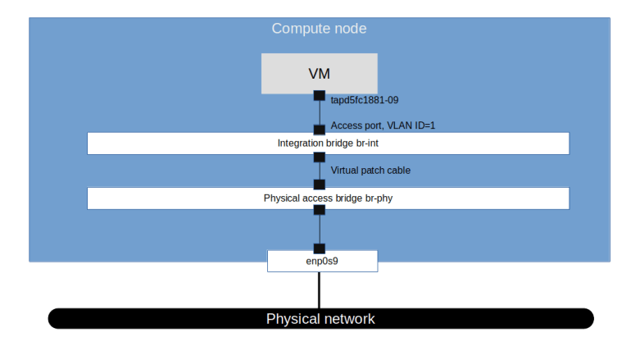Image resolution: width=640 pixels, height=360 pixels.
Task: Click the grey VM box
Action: (320, 73)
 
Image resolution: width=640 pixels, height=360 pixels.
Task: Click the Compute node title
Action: (319, 29)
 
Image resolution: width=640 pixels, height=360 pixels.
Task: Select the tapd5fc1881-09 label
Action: (364, 101)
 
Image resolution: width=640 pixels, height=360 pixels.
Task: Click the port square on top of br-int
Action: (320, 130)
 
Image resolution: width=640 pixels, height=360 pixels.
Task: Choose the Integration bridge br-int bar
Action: (328, 144)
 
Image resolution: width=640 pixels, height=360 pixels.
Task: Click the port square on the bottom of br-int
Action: (320, 157)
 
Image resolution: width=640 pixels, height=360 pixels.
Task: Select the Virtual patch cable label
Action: (370, 171)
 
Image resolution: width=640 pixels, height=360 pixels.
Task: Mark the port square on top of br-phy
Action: (320, 185)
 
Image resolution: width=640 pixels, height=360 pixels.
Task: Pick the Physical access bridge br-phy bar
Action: (328, 198)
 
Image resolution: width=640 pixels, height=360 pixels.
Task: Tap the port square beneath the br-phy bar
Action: (320, 210)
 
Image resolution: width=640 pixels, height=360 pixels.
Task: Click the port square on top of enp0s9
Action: (320, 248)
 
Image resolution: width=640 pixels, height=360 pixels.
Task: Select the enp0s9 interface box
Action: (322, 262)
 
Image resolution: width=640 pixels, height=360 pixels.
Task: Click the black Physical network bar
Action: (320, 318)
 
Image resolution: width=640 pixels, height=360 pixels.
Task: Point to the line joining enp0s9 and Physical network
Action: (320, 289)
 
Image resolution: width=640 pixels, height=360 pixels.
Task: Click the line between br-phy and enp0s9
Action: (320, 230)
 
